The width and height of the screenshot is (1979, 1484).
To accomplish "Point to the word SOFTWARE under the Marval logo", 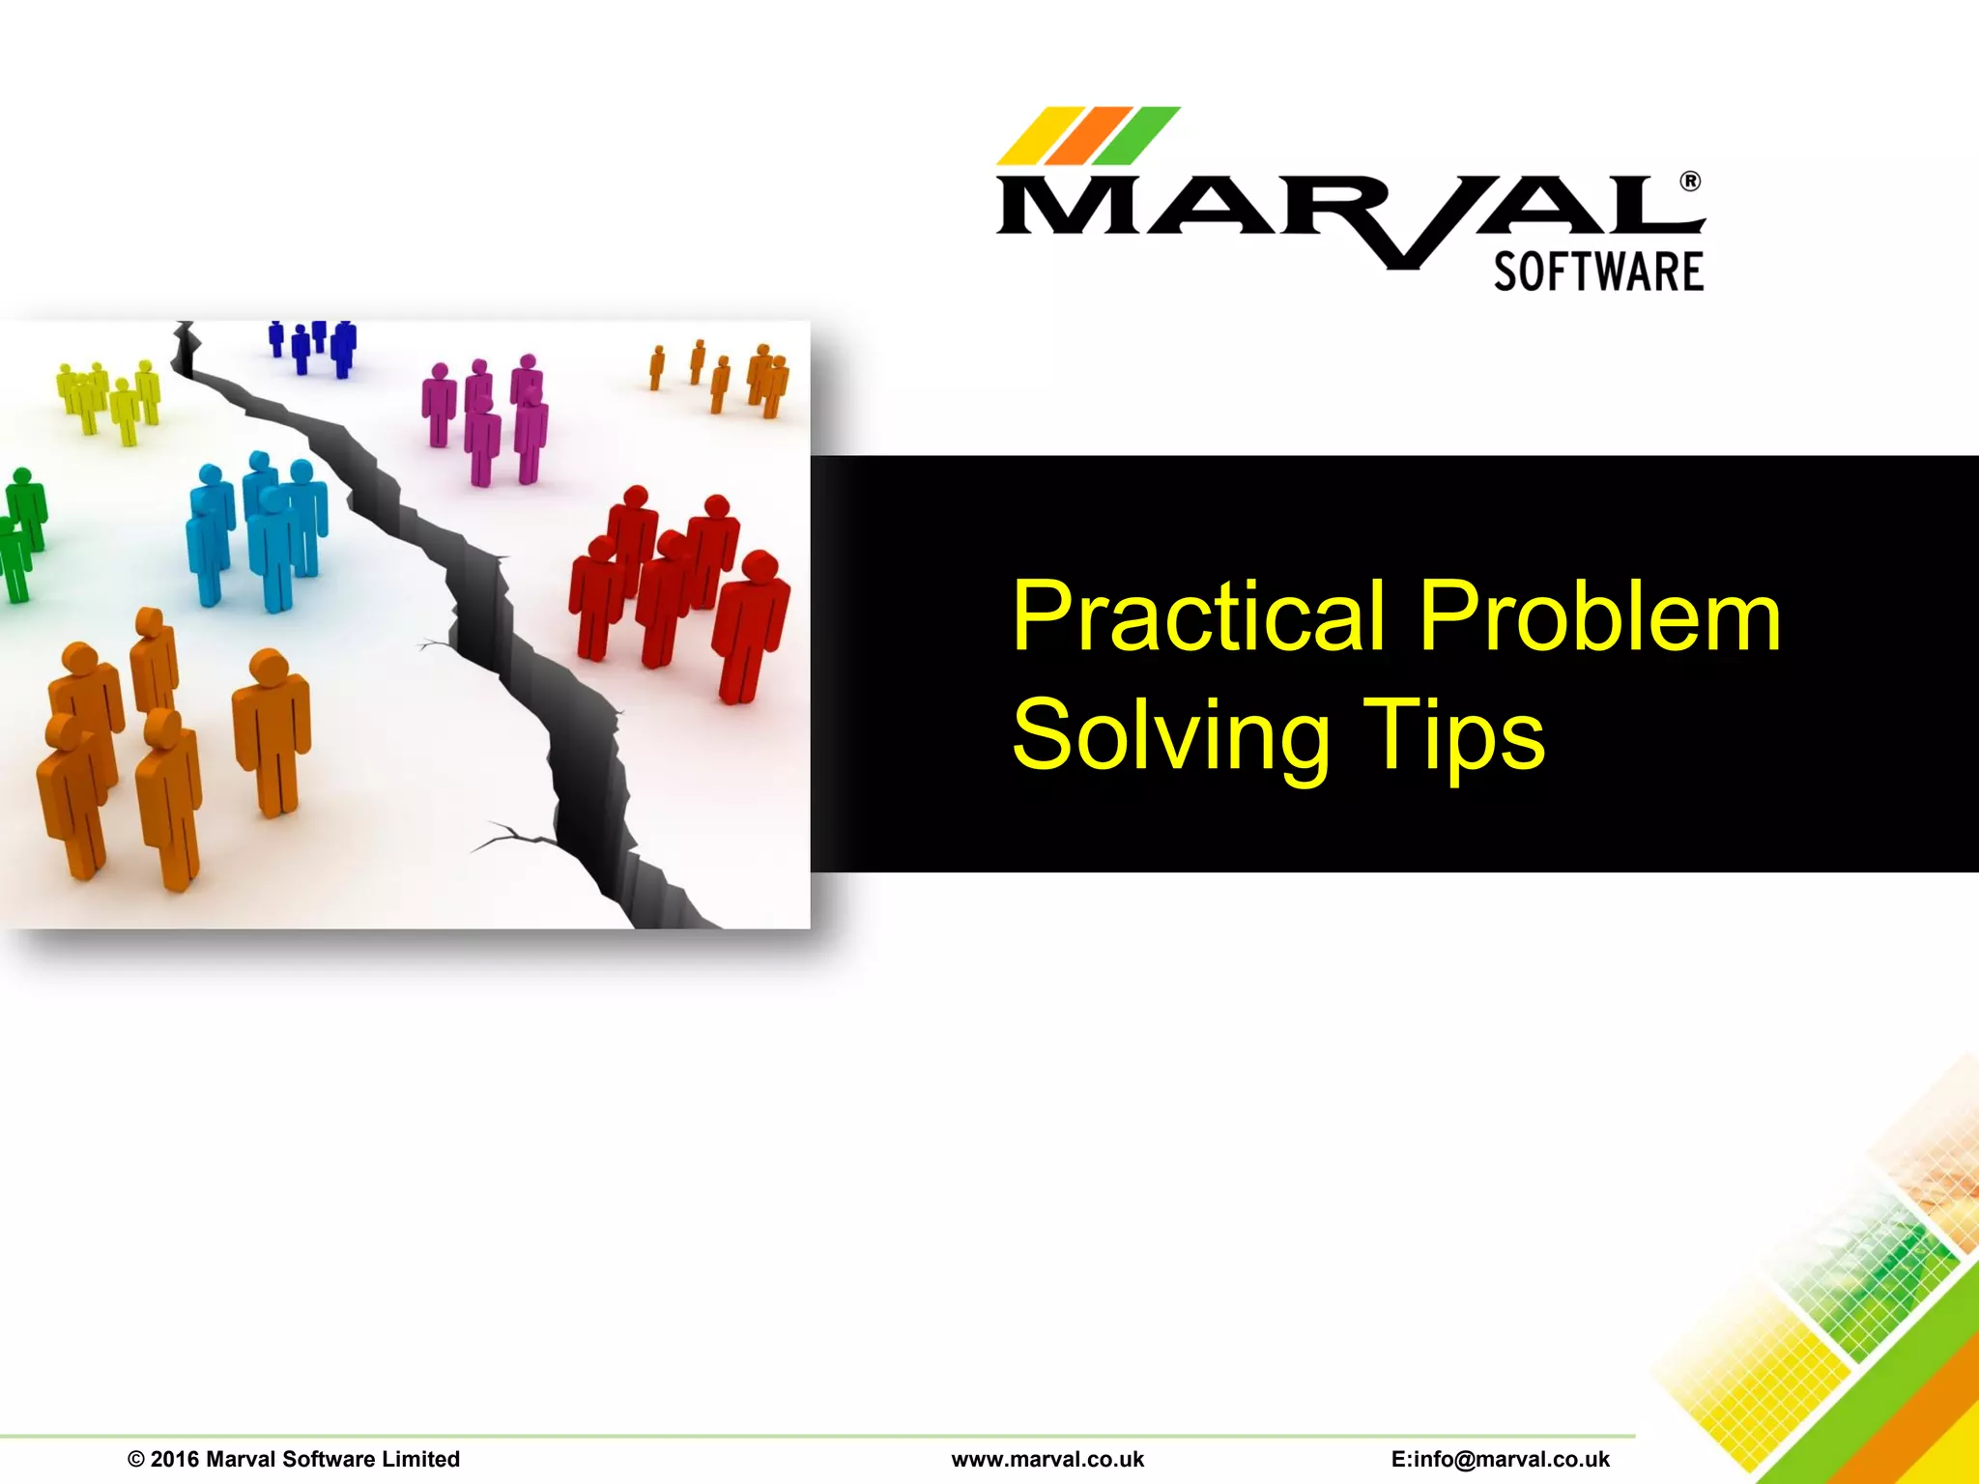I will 1598,271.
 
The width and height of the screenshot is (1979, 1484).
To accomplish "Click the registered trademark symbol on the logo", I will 1690,182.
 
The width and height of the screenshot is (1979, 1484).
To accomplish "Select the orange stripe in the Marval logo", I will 1087,136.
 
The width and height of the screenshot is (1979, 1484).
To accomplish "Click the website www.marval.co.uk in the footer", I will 1047,1459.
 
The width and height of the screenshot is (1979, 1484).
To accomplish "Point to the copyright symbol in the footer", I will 135,1459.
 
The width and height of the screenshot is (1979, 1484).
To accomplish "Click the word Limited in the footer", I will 420,1459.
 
